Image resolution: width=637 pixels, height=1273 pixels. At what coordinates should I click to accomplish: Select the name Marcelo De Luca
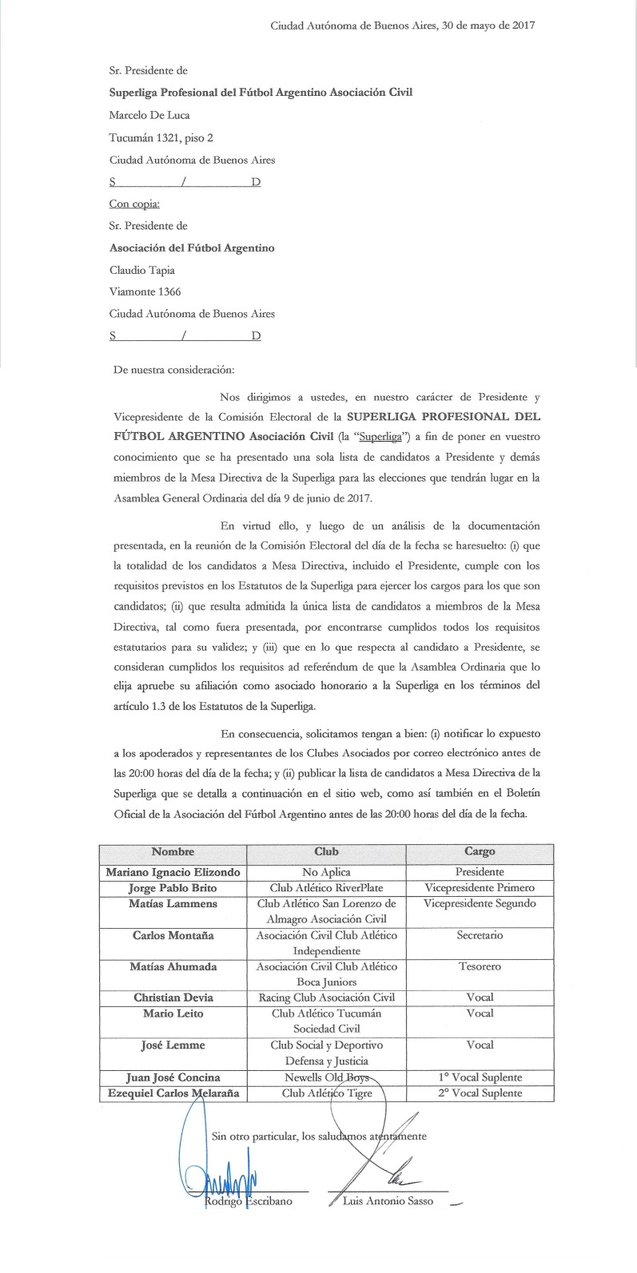[149, 115]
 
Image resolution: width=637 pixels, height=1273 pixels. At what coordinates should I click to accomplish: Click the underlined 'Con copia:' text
[133, 204]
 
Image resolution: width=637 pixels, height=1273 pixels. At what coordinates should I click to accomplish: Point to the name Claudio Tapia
[141, 270]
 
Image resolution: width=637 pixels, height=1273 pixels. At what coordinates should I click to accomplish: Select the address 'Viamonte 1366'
[145, 292]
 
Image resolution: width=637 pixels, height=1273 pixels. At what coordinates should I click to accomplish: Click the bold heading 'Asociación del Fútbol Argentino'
[192, 248]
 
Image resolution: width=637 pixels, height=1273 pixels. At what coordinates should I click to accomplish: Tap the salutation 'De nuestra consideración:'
[174, 370]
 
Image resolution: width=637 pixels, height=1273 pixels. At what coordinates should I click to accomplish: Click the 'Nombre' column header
[173, 852]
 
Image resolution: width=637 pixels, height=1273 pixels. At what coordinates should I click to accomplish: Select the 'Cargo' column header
[480, 852]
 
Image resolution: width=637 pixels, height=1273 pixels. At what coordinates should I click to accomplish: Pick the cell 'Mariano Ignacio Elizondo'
[173, 873]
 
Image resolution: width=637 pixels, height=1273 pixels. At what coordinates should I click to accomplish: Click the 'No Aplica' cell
[327, 873]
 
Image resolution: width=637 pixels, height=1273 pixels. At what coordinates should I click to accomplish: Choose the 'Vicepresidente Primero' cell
[480, 888]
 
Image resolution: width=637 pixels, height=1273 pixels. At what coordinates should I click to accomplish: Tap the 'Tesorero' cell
[480, 966]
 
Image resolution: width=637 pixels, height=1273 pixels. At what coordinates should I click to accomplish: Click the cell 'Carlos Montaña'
[173, 935]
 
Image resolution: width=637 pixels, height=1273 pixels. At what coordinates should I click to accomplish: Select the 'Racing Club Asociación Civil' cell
[327, 997]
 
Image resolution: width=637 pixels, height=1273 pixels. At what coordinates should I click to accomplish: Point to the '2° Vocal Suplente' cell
[480, 1093]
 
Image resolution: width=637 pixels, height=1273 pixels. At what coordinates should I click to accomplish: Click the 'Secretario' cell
[480, 935]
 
